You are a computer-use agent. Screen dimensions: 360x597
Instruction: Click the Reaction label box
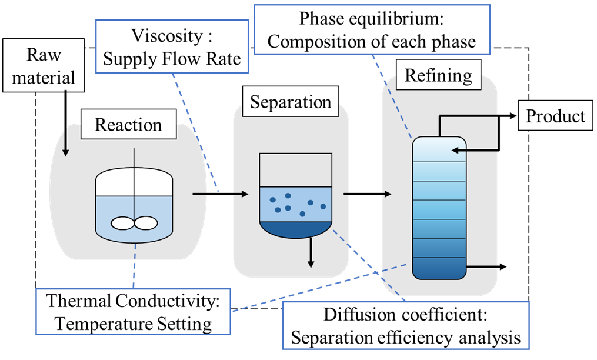[x=128, y=125]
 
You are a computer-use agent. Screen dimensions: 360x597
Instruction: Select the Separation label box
[x=291, y=102]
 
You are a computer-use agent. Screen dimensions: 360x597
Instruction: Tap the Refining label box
[x=438, y=76]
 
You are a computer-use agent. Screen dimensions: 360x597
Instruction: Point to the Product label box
[x=555, y=116]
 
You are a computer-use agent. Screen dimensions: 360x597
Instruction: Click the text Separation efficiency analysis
[x=406, y=338]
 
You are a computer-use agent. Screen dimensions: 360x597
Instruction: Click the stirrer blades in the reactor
[x=135, y=223]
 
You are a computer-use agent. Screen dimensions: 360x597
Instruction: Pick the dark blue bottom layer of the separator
[x=295, y=228]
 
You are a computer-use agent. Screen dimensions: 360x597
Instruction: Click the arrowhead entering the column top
[x=455, y=150]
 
